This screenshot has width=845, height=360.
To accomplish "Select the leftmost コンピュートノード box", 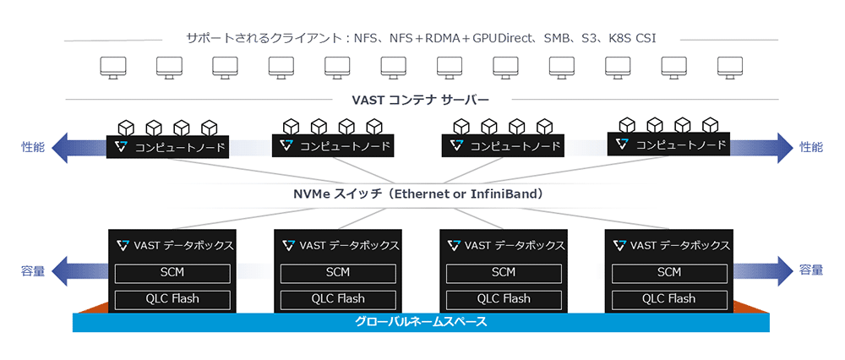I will [169, 147].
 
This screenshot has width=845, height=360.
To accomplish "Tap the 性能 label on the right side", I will [810, 146].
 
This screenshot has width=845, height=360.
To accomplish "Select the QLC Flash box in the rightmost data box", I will [668, 298].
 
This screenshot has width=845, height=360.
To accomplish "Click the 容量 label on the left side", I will [32, 270].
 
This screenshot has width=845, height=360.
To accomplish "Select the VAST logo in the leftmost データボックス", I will [123, 245].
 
